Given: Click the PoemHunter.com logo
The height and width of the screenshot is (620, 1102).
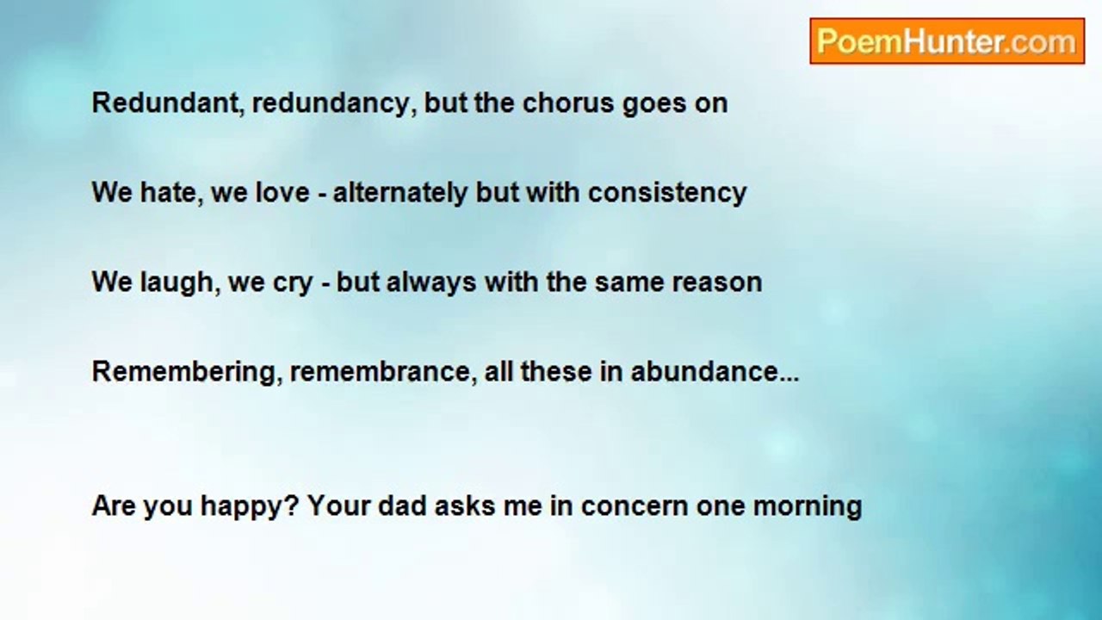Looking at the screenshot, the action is point(947,41).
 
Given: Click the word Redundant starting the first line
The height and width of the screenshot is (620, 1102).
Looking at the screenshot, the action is point(166,103).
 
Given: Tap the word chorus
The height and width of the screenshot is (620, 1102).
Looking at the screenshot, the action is point(568,103).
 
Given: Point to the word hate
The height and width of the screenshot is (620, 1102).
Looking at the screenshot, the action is point(168,192).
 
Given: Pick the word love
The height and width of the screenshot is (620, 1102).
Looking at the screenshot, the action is point(282,192).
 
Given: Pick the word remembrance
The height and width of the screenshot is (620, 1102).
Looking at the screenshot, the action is point(381,372).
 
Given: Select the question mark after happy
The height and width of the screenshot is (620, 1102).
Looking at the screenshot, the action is point(291,505).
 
